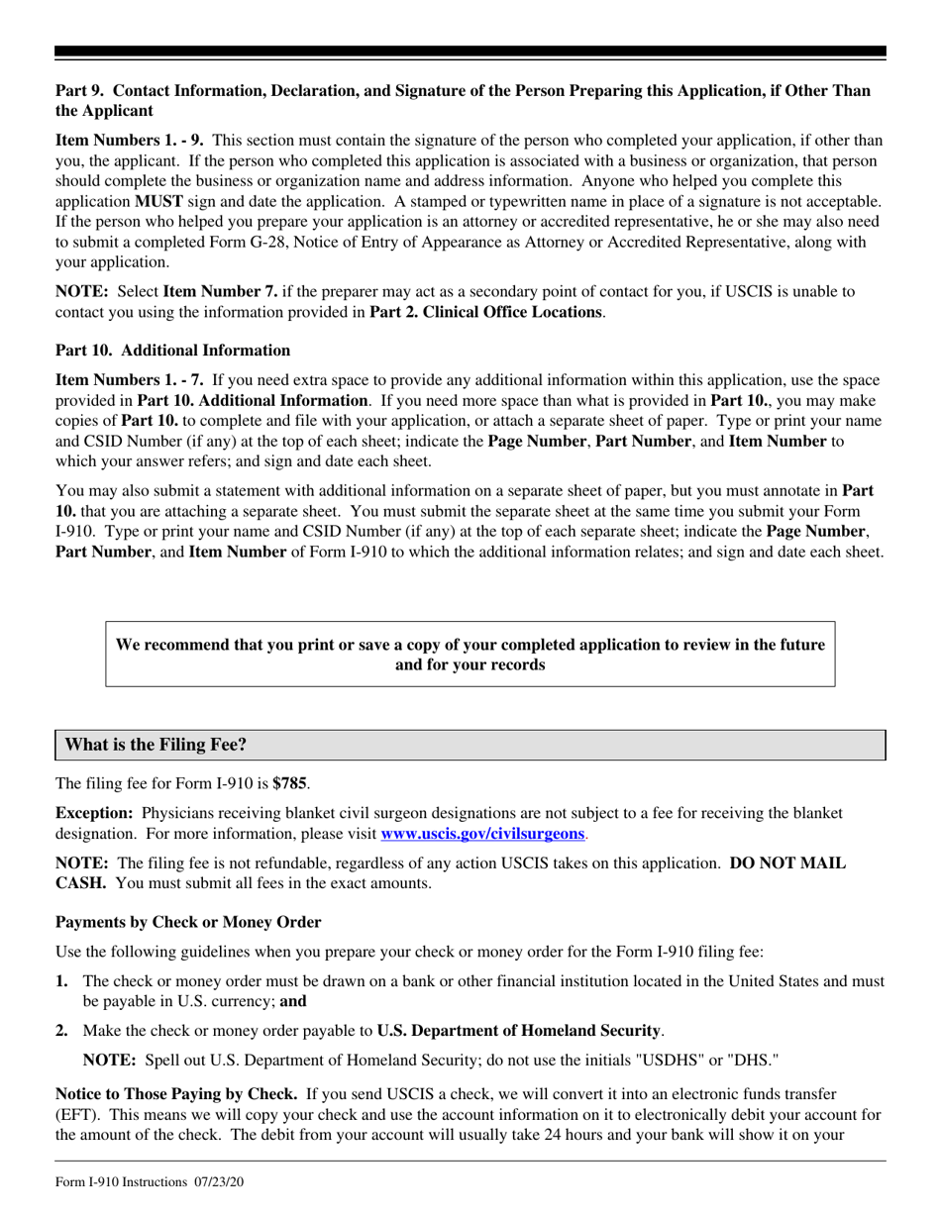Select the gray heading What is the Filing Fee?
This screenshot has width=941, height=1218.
[x=157, y=745]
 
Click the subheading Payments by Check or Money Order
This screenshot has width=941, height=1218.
[x=188, y=923]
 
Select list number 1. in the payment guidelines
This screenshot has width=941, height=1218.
[x=62, y=981]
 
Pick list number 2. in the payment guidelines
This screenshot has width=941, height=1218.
[x=62, y=1031]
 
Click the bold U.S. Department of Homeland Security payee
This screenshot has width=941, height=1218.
[x=518, y=1031]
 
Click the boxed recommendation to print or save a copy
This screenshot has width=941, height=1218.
[x=470, y=655]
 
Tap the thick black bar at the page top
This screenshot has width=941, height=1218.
[x=470, y=51]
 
